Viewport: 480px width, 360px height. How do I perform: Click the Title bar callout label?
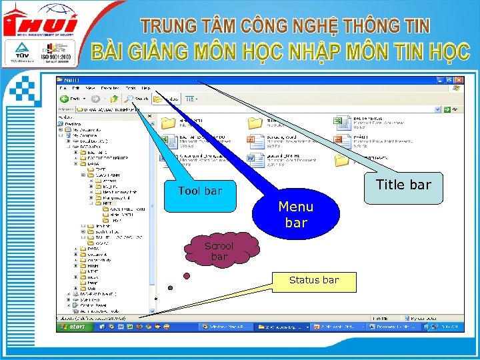[x=403, y=185]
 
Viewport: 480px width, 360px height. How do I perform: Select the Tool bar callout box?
[x=200, y=191]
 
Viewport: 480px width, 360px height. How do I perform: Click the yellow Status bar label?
[x=313, y=280]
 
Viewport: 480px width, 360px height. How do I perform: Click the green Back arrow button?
[x=66, y=99]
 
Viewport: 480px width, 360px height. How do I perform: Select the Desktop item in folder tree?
[x=73, y=123]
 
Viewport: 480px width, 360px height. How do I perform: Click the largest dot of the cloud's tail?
[x=187, y=275]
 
